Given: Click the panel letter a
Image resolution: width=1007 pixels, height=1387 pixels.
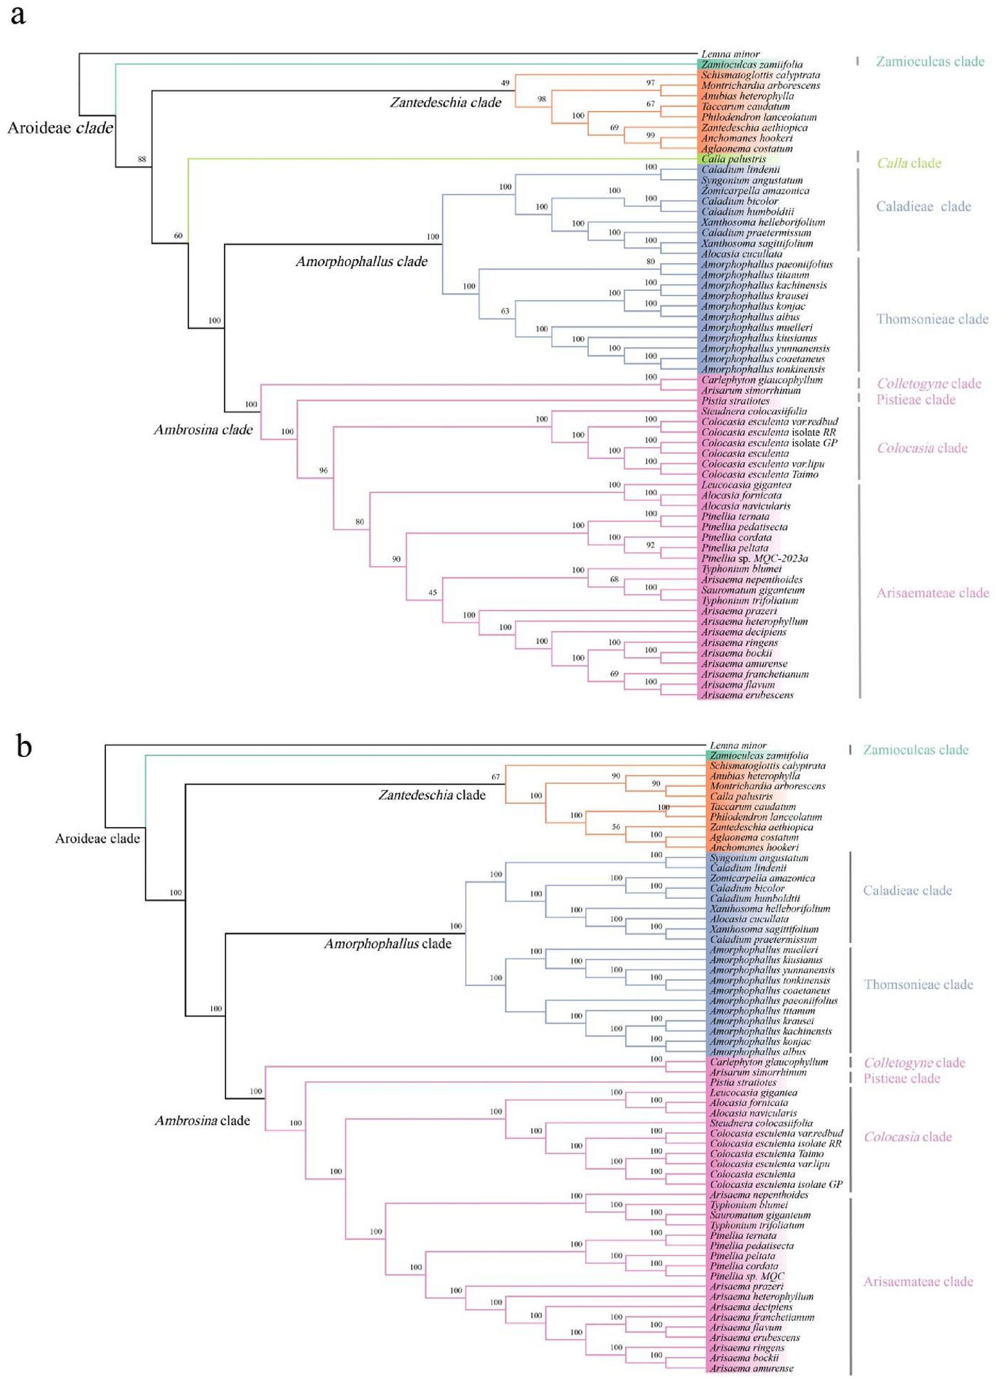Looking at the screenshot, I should coord(17,15).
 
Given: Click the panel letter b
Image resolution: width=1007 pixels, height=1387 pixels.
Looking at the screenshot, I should coord(23,746).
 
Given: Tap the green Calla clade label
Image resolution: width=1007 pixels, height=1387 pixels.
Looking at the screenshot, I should coord(908,164).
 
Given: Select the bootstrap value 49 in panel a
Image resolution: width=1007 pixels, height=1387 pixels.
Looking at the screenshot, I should coord(506,83).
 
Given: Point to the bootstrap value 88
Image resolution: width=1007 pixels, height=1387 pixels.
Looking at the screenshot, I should coord(142,159).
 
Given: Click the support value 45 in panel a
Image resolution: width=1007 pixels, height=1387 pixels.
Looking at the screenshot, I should coord(432,592).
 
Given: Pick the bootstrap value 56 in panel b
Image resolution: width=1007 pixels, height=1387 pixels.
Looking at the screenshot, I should coord(616,827).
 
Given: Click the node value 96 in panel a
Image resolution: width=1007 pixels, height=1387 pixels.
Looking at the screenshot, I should coord(324,471).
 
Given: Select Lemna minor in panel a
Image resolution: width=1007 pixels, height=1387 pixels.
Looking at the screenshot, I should coord(730,54).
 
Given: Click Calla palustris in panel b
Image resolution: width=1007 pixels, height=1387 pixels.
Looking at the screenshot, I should coord(741,797).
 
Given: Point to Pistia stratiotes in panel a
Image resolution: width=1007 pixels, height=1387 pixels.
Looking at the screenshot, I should coord(735,401).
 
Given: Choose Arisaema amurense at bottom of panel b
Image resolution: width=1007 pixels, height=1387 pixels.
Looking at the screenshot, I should coord(752,1368).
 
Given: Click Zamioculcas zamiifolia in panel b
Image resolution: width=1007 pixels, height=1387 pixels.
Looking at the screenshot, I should coord(759,755).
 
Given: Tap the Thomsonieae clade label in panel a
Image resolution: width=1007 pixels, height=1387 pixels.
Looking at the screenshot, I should coord(932,319).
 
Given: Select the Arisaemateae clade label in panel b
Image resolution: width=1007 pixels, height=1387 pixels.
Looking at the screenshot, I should coord(917,1282).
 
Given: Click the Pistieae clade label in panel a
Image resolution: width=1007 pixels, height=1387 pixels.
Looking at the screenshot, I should coord(915,400).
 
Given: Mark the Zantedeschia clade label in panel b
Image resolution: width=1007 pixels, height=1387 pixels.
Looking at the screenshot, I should coord(432,795).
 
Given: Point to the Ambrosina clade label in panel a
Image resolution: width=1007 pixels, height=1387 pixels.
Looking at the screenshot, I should coord(203,430).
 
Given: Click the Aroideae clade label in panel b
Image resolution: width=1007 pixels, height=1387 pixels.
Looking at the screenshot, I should coord(97,839).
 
